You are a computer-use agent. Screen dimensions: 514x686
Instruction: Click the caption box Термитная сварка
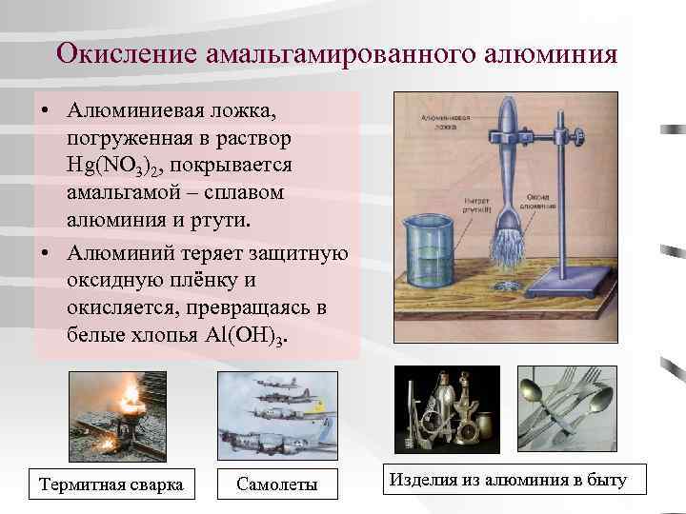point(111,484)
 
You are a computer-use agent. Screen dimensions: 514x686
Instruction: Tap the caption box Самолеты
point(276,484)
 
